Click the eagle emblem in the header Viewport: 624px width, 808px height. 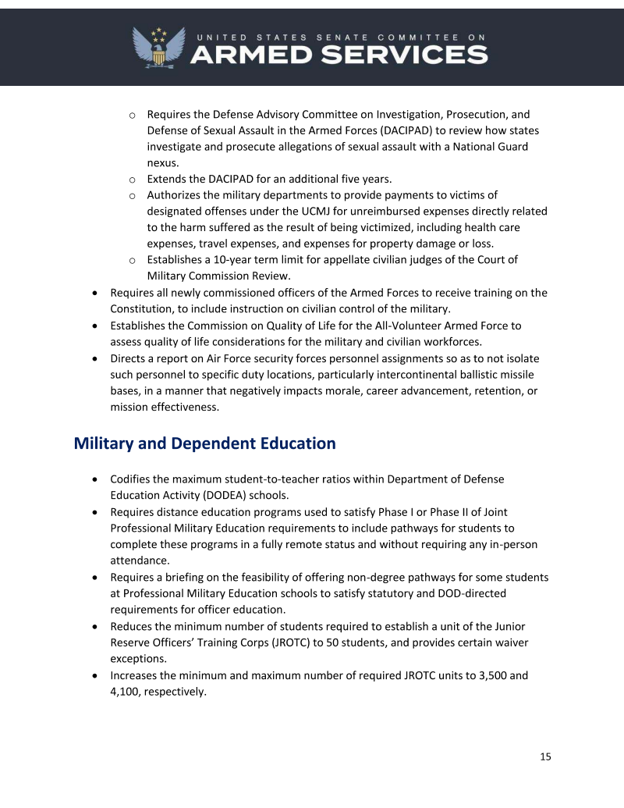coord(158,48)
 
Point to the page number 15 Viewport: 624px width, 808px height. coord(545,756)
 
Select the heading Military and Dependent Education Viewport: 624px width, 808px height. coord(204,443)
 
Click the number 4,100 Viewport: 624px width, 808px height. coord(126,691)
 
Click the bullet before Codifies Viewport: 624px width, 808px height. coord(94,479)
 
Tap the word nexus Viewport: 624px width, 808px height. coord(162,162)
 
